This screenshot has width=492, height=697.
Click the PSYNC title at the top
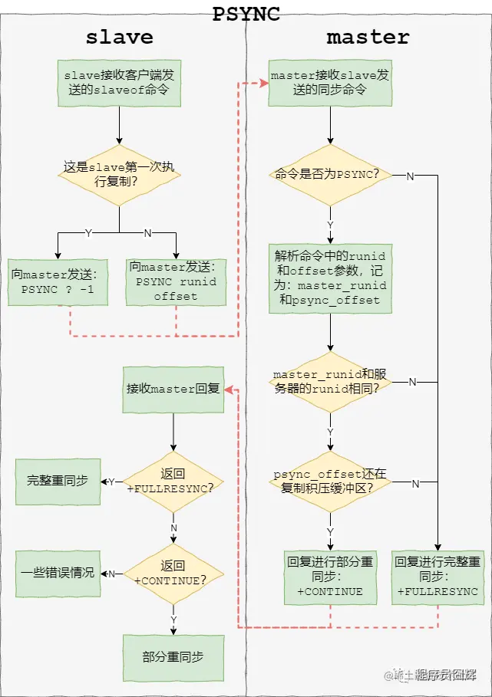click(246, 13)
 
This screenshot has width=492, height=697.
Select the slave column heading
click(119, 37)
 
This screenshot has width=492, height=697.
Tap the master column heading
click(368, 37)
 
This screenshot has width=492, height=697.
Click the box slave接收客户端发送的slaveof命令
click(119, 83)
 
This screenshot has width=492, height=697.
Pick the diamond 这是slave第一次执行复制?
click(119, 175)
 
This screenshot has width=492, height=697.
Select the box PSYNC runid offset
click(176, 282)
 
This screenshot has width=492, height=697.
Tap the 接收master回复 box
click(173, 389)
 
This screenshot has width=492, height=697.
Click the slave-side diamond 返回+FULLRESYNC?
click(173, 482)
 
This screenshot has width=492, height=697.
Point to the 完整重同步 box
click(58, 482)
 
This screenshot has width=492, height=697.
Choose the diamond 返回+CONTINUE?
click(173, 574)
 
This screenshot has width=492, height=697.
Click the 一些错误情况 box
click(58, 574)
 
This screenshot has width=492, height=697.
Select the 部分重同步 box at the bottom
click(173, 658)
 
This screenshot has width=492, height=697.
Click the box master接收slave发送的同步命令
click(330, 83)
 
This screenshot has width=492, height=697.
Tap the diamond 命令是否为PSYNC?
click(330, 175)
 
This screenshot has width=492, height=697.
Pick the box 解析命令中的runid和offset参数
click(330, 278)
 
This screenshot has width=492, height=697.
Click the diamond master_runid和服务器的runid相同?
click(330, 382)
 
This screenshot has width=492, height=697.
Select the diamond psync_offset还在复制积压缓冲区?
click(330, 482)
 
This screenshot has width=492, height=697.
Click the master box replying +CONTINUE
click(330, 577)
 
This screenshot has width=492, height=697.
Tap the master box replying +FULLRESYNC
click(438, 577)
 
